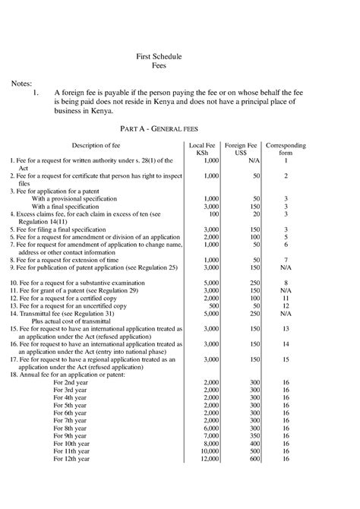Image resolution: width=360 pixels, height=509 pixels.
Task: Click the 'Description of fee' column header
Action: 96,144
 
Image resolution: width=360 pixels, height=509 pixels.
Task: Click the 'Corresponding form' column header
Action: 286,148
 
